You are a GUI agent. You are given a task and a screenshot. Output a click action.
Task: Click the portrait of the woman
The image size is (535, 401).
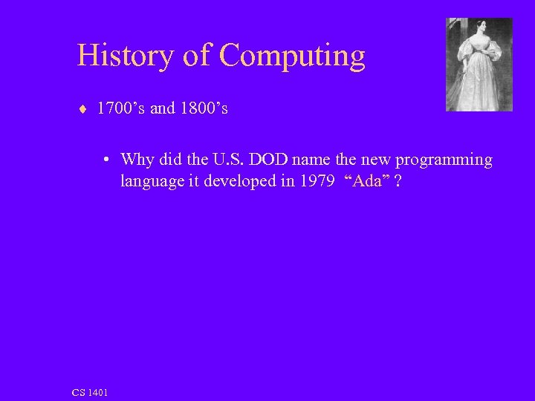479,65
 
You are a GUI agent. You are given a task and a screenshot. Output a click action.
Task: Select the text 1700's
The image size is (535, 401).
121,108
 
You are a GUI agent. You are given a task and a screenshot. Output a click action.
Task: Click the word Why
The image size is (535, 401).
137,160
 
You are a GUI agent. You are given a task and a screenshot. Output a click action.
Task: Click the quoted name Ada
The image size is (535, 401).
368,182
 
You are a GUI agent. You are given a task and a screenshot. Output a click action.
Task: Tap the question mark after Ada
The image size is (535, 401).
400,182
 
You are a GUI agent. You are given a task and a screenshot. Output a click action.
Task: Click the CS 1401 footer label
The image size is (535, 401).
90,391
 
